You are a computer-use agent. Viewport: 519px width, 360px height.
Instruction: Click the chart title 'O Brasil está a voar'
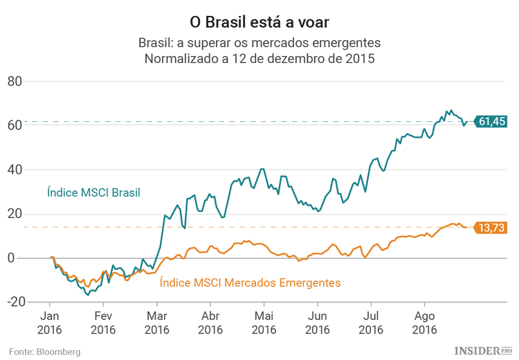click(x=259, y=16)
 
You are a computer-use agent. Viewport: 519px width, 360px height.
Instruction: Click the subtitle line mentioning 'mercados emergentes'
click(x=259, y=43)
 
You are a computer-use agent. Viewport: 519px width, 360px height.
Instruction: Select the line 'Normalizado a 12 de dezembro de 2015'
click(x=259, y=59)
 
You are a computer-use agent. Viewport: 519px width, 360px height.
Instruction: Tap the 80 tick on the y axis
click(x=34, y=81)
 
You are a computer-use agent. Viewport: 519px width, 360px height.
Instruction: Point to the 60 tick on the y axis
click(x=34, y=125)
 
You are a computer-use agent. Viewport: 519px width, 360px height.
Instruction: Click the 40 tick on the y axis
click(x=34, y=170)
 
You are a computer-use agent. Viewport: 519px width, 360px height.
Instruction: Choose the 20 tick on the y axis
click(x=34, y=214)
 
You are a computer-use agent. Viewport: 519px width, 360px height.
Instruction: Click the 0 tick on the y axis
click(x=38, y=258)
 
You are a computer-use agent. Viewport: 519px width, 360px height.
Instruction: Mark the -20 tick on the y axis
click(x=32, y=303)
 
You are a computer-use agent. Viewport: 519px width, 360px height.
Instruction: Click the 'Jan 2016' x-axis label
click(x=49, y=323)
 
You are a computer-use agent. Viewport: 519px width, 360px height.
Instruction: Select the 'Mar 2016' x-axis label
click(x=156, y=323)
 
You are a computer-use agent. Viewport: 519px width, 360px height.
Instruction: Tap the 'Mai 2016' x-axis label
click(x=264, y=323)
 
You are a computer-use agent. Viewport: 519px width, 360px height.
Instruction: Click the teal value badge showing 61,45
click(x=491, y=121)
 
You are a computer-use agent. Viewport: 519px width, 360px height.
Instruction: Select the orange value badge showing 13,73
click(x=491, y=227)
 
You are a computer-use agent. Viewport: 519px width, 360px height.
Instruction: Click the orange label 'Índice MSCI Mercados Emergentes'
click(x=250, y=282)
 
